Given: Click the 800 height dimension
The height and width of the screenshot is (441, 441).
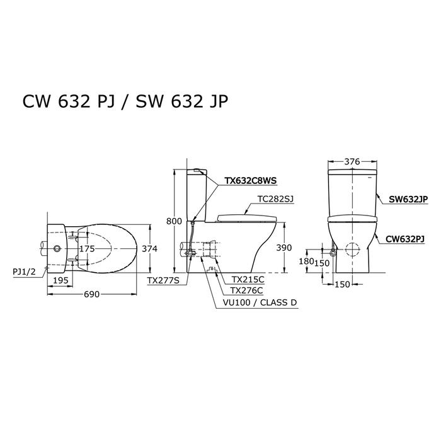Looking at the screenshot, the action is [x=174, y=221].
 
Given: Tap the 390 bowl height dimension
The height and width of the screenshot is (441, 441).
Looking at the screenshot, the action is [x=283, y=248].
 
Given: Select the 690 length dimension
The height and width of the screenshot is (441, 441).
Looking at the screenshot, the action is [x=92, y=294].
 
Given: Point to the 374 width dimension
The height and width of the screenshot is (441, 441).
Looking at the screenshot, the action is [x=149, y=249].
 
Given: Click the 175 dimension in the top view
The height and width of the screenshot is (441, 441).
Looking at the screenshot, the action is [x=87, y=249].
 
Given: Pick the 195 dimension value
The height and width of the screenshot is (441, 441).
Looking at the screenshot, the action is [x=60, y=280].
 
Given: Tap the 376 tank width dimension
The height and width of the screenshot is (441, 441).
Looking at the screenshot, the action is [x=352, y=161].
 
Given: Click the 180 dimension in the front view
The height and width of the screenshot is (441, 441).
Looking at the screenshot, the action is [x=306, y=261].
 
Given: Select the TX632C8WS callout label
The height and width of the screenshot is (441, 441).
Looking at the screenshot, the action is [x=250, y=181].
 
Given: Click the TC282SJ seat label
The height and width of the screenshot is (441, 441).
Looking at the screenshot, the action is [x=276, y=199].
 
